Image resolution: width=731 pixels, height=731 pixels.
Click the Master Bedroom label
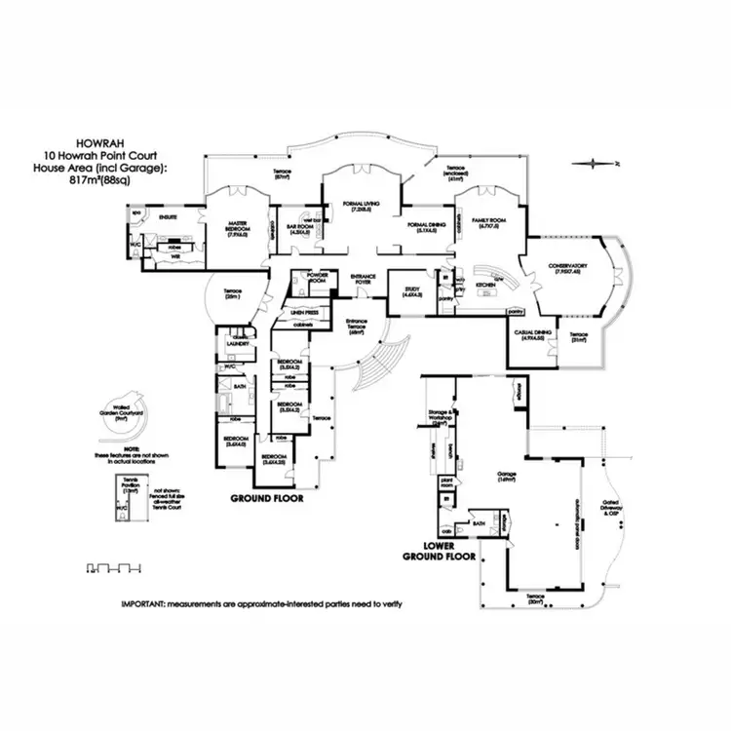238,225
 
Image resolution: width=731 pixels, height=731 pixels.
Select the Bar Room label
298,229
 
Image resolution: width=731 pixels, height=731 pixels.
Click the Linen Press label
304,313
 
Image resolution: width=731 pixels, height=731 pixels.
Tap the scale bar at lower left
115,565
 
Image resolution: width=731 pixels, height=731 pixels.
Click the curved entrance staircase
376,361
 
